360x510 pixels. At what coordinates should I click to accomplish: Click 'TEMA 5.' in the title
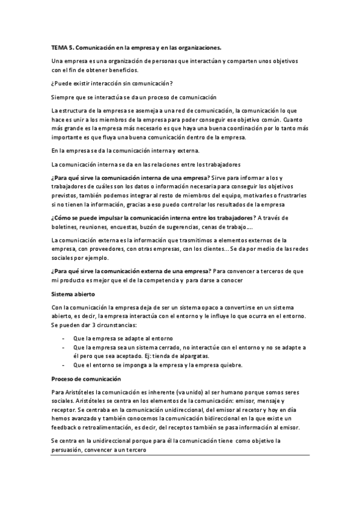[x=62, y=47]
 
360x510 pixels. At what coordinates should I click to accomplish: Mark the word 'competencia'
[x=159, y=281]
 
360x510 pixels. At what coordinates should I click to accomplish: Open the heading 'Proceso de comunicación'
[x=86, y=379]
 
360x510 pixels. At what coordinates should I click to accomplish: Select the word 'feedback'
[x=67, y=428]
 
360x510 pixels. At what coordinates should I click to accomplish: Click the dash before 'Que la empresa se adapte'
[x=64, y=339]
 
